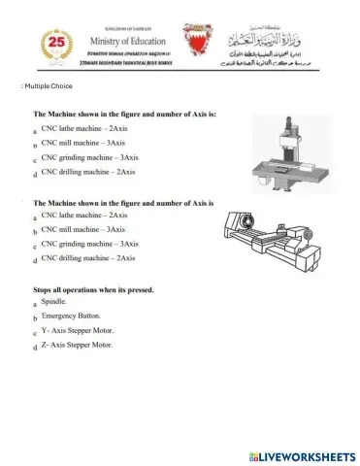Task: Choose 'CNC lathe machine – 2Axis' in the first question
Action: pos(85,128)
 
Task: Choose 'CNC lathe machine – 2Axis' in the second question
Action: pos(85,215)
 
